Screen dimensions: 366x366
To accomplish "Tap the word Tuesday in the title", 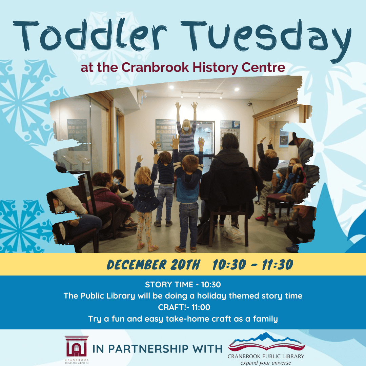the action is pos(266,39).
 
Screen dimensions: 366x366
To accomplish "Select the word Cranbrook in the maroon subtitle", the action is pos(155,67).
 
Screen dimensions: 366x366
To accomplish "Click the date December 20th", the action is pos(154,264).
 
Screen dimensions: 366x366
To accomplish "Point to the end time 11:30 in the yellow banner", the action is pos(277,265).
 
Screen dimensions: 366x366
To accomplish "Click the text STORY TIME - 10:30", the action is pos(183,285).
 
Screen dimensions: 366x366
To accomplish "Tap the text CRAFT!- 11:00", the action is pos(184,307).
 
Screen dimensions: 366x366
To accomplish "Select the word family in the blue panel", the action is pos(265,319).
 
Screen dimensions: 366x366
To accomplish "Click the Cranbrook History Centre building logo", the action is pos(77,346).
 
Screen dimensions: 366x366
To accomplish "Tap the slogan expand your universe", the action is pos(266,363).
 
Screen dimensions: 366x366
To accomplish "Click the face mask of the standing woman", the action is pos(186,129).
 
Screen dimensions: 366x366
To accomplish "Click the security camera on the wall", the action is pos(249,104).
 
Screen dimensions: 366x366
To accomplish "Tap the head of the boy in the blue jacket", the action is pos(190,163).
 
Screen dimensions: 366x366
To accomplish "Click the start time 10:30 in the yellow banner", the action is pos(229,265).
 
